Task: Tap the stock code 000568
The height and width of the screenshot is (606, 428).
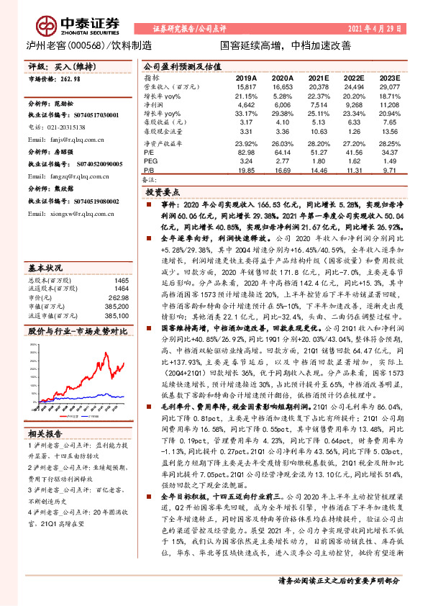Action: pos(86,45)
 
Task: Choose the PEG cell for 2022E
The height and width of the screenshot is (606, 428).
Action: pos(352,160)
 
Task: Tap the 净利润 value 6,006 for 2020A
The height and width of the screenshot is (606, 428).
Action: pos(281,104)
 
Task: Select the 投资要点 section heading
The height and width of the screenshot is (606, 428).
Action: pos(163,193)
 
